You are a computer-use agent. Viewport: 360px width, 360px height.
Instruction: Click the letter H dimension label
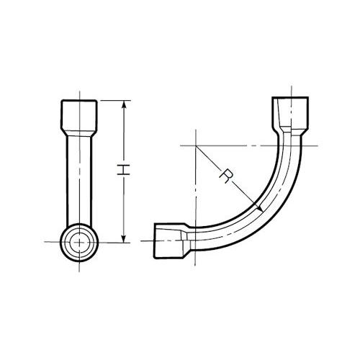click(123, 170)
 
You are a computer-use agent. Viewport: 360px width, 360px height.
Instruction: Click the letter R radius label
click(226, 176)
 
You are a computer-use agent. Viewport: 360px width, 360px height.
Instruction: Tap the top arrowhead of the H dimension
click(124, 104)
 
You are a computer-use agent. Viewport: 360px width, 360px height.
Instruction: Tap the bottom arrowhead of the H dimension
click(124, 238)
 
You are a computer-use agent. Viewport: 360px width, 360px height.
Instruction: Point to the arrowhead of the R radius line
click(260, 208)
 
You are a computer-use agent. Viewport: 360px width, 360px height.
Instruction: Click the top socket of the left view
click(79, 115)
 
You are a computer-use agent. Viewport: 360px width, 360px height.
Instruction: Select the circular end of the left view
click(79, 243)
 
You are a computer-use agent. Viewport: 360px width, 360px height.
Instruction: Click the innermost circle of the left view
click(79, 243)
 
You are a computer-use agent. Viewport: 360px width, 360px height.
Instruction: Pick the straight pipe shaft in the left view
click(79, 180)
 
